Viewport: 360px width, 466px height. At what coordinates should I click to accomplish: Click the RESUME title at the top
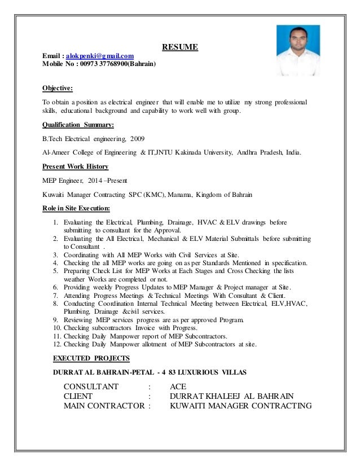[180, 47]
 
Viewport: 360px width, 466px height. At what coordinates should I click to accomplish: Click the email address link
[99, 55]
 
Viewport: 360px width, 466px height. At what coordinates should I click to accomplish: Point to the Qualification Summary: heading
[78, 125]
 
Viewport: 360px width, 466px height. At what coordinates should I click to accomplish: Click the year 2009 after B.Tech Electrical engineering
[137, 138]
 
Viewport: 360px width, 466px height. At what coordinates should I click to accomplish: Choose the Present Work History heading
[76, 166]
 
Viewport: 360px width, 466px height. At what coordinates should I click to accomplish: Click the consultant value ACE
[178, 386]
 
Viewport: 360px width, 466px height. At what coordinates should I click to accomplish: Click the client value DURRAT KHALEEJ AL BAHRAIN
[232, 397]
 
